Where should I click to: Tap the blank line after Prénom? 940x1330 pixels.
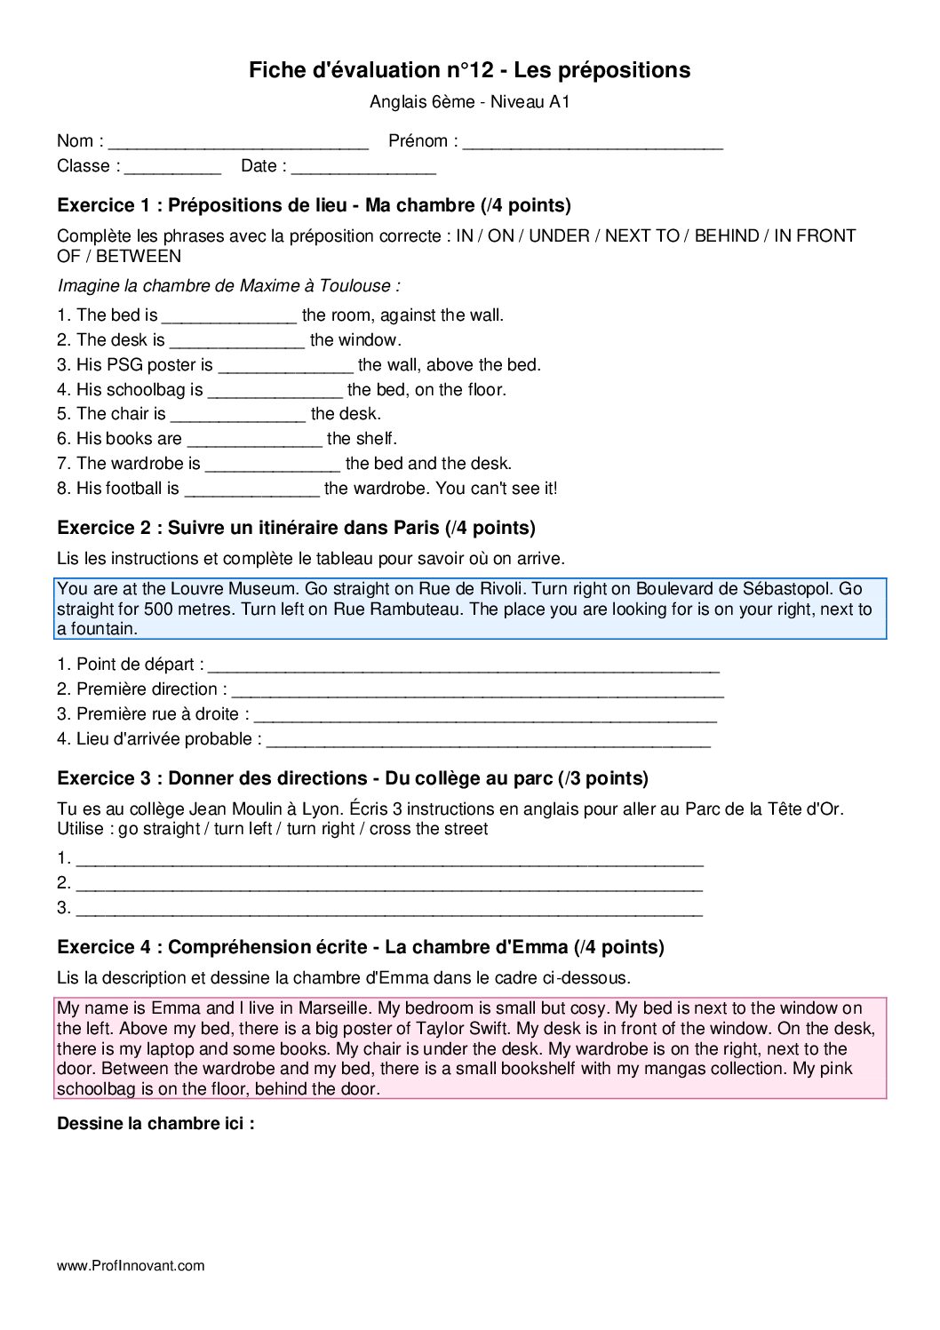(593, 143)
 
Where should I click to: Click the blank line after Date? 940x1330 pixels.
(363, 168)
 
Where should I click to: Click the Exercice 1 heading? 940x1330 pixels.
(314, 206)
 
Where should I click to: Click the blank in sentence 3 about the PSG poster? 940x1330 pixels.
(285, 366)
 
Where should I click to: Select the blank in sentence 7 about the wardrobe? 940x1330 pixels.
(273, 465)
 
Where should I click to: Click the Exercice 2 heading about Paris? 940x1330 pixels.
(296, 529)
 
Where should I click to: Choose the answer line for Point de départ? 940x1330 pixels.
(463, 666)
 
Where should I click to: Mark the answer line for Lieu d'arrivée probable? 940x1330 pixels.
(488, 741)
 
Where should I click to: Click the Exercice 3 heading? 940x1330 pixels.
(352, 779)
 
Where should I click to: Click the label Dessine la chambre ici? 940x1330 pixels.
(155, 1124)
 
